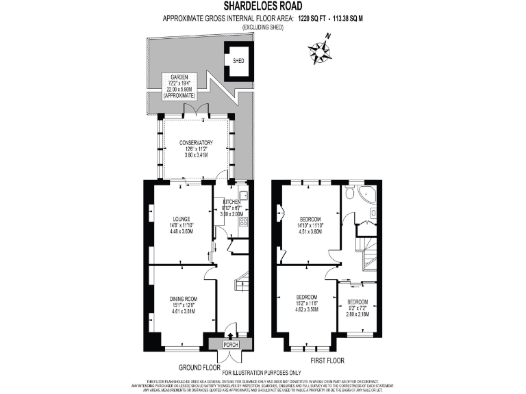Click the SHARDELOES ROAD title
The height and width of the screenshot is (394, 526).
pyautogui.click(x=263, y=6)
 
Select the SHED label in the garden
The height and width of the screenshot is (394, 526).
pyautogui.click(x=238, y=61)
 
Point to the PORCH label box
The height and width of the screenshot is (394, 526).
pyautogui.click(x=231, y=345)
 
